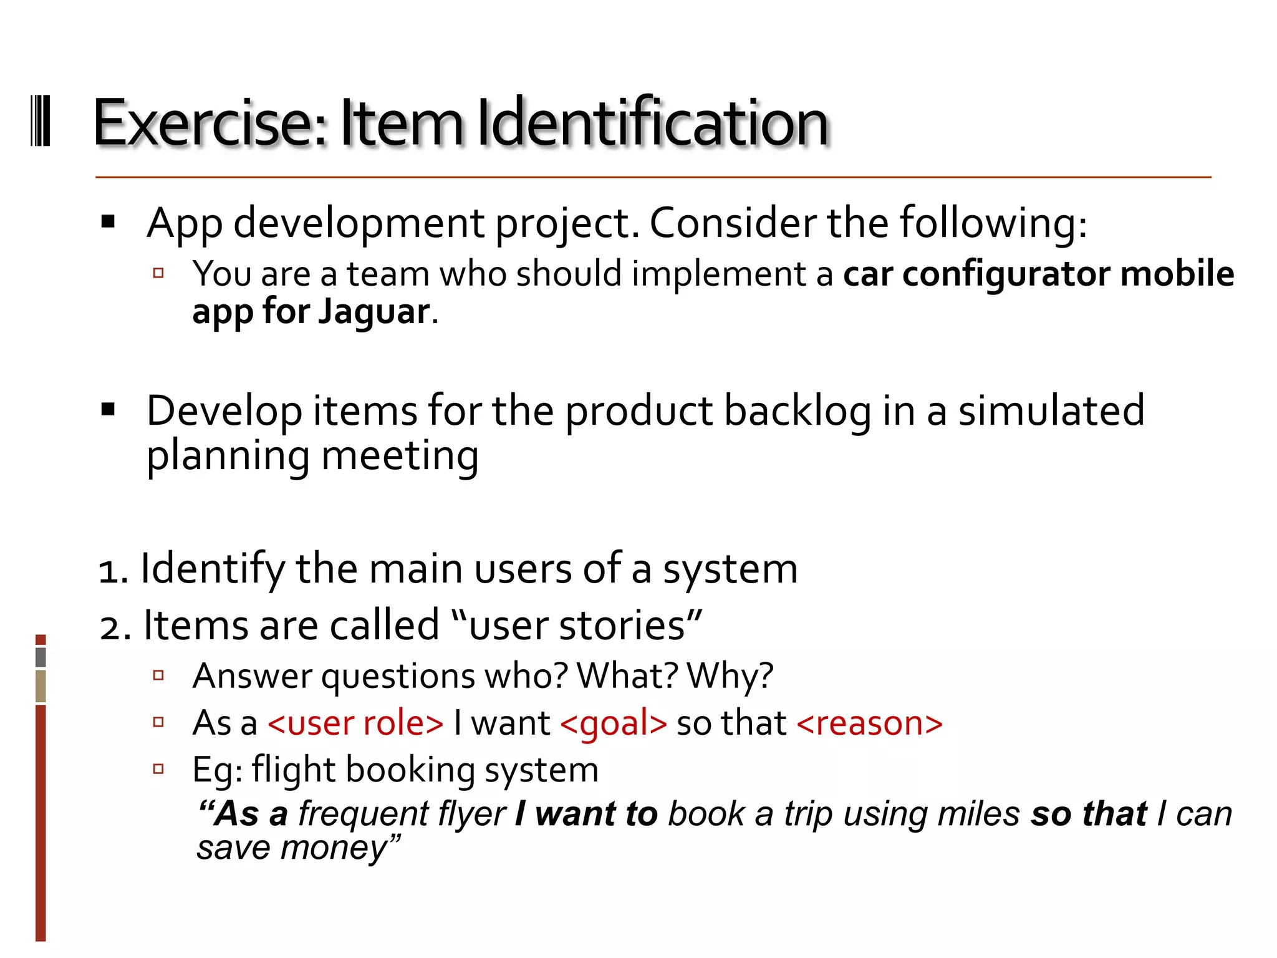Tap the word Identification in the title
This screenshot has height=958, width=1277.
click(x=653, y=122)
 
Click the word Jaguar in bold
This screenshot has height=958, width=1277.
click(x=374, y=311)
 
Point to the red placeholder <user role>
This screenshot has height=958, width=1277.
click(x=355, y=723)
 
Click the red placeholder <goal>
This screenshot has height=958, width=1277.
click(x=614, y=723)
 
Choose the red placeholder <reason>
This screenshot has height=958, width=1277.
click(x=869, y=723)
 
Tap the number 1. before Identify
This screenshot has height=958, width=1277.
click(x=113, y=571)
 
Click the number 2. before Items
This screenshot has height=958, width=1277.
click(x=115, y=627)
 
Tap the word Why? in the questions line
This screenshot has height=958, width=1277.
click(x=730, y=676)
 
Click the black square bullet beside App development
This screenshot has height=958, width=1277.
click(x=108, y=221)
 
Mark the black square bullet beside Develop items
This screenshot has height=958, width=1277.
click(x=108, y=410)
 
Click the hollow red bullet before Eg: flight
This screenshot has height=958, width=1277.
click(x=158, y=769)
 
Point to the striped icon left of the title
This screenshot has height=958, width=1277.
click(x=41, y=121)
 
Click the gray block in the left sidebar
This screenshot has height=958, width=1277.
click(x=41, y=657)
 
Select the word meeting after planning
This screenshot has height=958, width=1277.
click(x=400, y=456)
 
